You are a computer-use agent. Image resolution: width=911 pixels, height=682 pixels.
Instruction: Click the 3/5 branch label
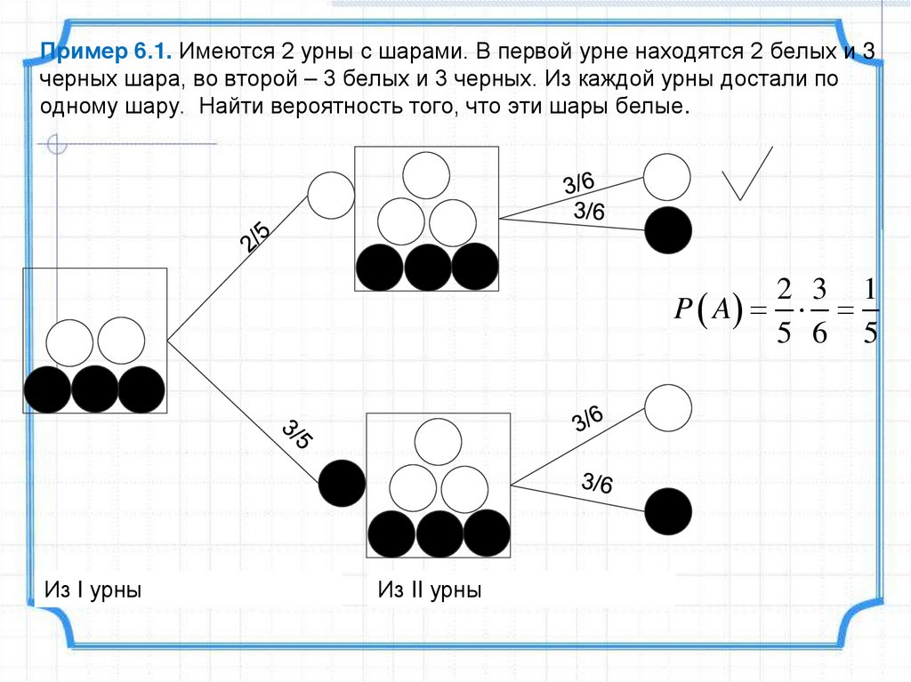point(297,435)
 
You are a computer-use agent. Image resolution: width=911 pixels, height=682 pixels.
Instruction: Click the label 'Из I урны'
point(93,590)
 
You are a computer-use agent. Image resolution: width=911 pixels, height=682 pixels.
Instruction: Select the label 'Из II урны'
point(429,590)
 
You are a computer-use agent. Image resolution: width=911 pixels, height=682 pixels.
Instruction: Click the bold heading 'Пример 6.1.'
point(106,52)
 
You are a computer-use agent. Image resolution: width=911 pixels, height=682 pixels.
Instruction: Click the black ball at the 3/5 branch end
point(342,484)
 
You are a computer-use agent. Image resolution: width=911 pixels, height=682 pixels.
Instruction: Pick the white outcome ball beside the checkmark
point(667,177)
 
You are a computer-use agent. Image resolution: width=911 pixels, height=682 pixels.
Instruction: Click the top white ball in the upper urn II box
point(425,175)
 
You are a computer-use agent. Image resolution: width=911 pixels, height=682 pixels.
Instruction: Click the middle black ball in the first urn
point(95,389)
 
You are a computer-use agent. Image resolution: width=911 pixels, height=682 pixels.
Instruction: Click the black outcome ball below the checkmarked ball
point(667,230)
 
